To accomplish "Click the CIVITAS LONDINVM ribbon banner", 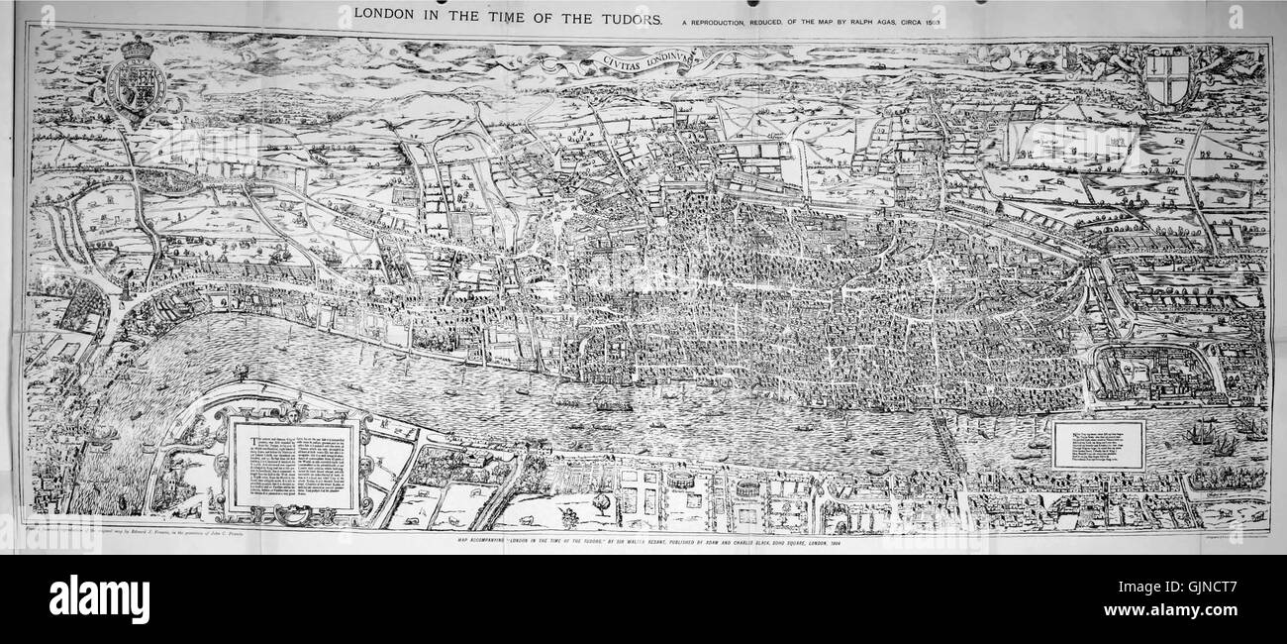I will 643,61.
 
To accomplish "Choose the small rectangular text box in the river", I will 1098,444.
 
